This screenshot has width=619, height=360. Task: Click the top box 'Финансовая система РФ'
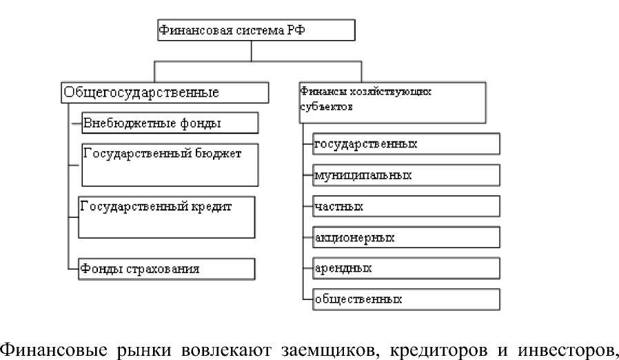click(256, 31)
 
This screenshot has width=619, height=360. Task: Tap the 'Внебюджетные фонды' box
click(170, 123)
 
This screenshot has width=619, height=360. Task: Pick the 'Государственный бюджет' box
click(170, 164)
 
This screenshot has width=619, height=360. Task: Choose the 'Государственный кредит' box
click(167, 216)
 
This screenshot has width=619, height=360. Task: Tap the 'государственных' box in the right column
click(405, 144)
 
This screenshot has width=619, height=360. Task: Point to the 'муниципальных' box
click(405, 175)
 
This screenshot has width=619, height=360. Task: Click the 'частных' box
click(405, 206)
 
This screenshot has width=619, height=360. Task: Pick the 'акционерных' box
click(405, 237)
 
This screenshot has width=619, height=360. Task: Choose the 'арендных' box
click(405, 268)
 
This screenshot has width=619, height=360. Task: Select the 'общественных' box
click(405, 299)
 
